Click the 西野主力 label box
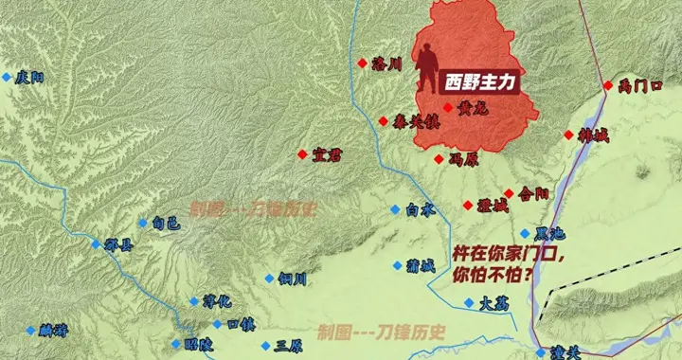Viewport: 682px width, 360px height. (480, 82)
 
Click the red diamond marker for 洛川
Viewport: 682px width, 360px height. (363, 63)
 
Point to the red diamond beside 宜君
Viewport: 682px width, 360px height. (302, 154)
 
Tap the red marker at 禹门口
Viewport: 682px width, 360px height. (608, 85)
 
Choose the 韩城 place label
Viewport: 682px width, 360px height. (594, 136)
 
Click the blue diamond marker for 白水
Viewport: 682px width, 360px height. (395, 209)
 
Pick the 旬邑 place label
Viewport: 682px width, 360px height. (165, 224)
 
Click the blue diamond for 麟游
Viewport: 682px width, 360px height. (30, 330)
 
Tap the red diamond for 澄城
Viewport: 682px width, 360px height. (468, 206)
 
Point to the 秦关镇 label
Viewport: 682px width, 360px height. (416, 121)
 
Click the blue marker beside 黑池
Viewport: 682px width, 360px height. (525, 233)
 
